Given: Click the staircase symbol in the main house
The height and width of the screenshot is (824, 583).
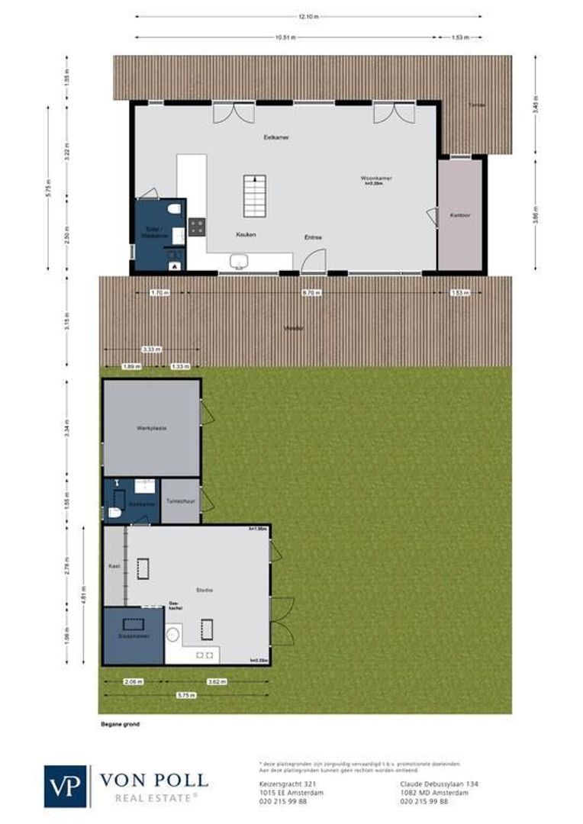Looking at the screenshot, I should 254,195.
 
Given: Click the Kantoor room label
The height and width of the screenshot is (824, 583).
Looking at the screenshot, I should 459,216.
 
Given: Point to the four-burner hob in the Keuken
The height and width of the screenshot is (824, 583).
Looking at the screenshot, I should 197,226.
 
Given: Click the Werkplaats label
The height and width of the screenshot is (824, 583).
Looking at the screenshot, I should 151,428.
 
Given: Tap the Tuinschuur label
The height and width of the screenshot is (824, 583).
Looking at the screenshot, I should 180,502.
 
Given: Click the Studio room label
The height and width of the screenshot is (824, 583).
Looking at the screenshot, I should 204,591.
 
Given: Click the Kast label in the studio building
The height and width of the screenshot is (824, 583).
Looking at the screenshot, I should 114,567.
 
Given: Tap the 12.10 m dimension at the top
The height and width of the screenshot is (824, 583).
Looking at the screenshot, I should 308,15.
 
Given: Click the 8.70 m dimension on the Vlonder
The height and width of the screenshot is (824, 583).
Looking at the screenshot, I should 312,292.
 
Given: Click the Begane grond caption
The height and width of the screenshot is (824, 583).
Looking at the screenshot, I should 120,723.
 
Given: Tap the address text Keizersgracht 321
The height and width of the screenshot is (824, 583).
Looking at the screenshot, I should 282,784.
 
